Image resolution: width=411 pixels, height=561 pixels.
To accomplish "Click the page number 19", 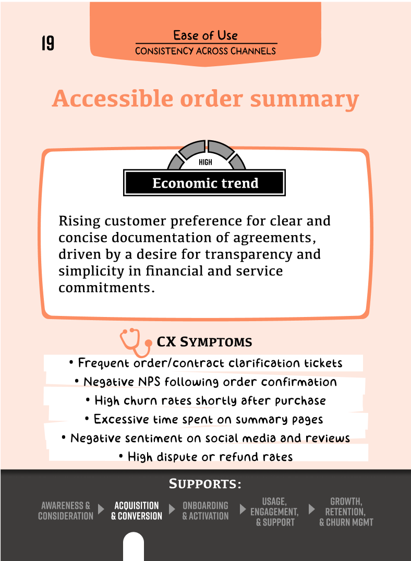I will (x=47, y=43).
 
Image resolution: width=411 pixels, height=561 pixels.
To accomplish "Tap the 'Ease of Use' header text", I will (x=205, y=35).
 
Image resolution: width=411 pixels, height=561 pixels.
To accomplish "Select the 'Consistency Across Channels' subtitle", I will (x=205, y=51).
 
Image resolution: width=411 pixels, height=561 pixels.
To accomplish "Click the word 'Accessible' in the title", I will (x=113, y=99).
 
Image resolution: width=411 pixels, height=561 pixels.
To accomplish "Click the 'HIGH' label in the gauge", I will (x=205, y=162).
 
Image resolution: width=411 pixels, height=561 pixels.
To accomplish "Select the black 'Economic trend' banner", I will (x=204, y=183).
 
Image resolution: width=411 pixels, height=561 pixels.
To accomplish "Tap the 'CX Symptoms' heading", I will (x=204, y=342).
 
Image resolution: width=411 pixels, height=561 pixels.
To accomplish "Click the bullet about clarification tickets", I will (x=205, y=363).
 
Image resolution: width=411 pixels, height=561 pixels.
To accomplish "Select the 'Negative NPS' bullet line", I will (x=205, y=382).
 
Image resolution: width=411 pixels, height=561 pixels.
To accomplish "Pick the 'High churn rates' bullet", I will (x=205, y=400).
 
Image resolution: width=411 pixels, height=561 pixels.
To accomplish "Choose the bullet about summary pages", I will (x=205, y=419).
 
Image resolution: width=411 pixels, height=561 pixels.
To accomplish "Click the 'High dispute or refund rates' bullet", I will (x=205, y=457).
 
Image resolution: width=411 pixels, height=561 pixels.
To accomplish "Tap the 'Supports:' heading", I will (x=205, y=484).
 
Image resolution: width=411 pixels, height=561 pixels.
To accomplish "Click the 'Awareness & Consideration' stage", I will (x=66, y=511).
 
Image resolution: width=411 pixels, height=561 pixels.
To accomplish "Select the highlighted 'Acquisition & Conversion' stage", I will (x=137, y=511).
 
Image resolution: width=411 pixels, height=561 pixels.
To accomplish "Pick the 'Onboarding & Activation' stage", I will (x=205, y=511).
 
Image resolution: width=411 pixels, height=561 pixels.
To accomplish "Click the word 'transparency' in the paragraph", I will (x=276, y=254).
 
